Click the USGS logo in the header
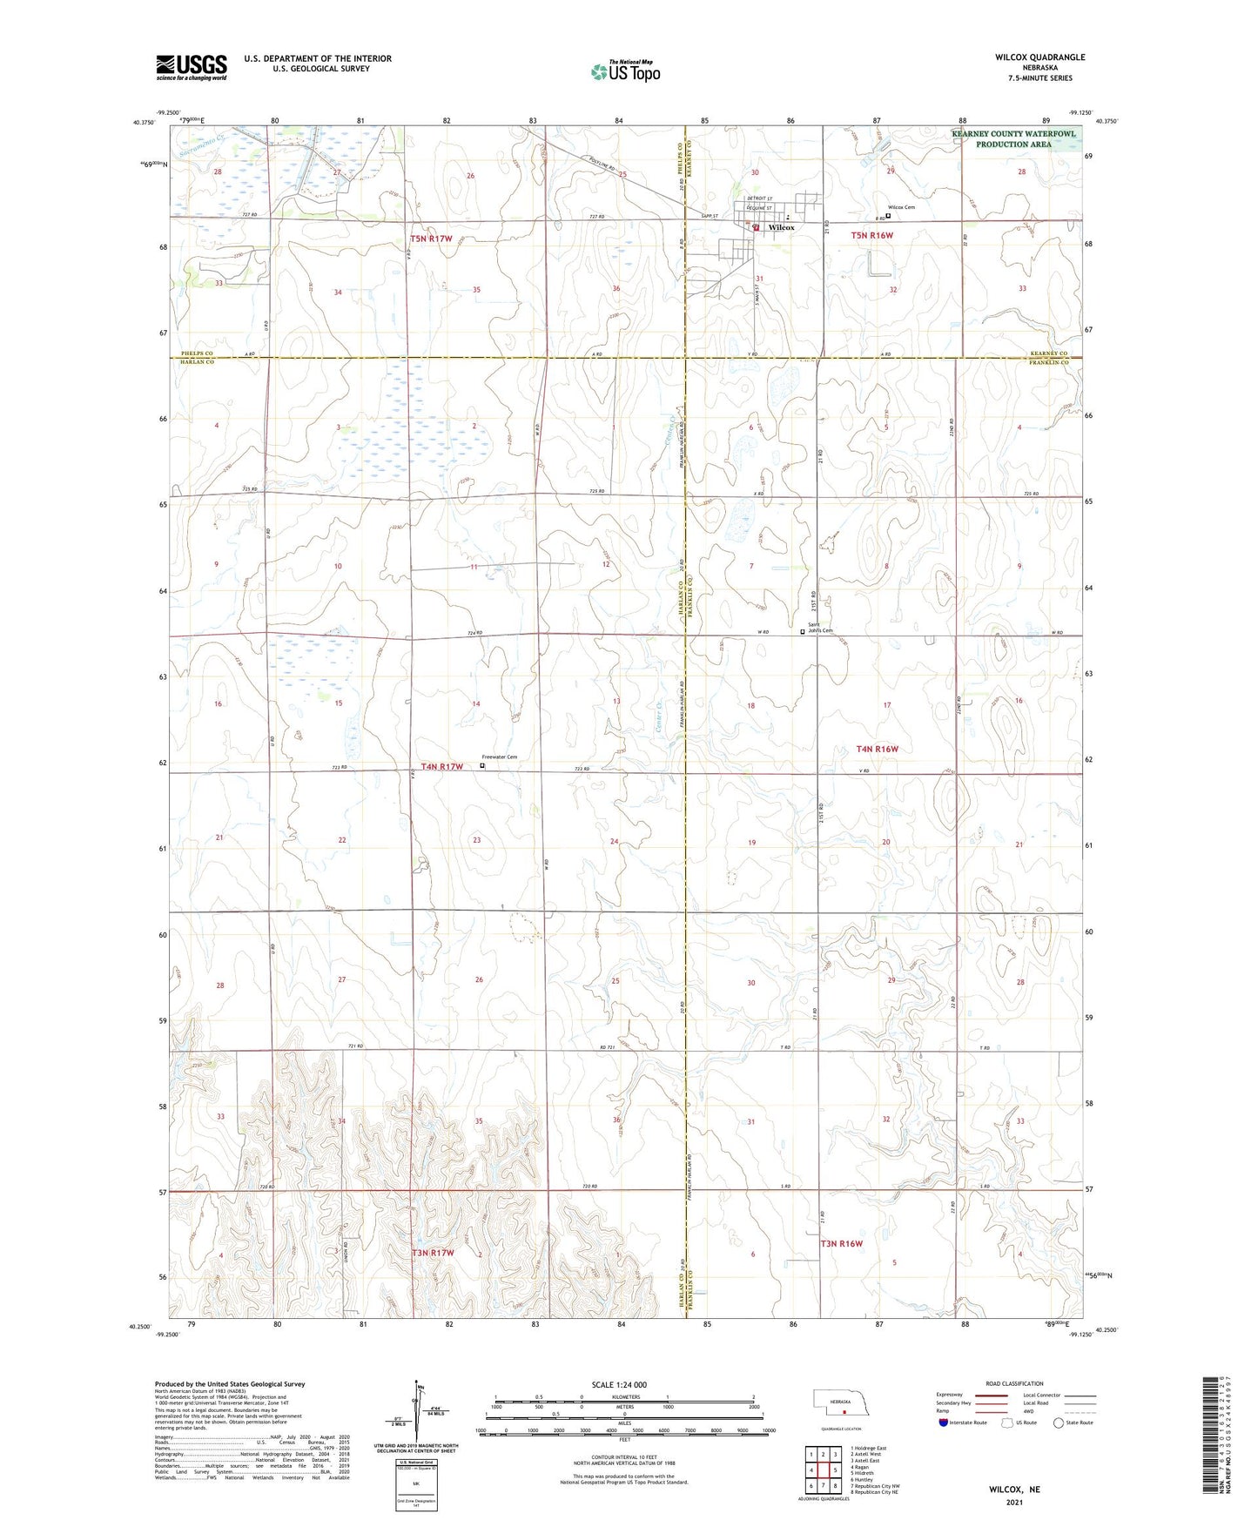192,66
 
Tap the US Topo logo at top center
625,71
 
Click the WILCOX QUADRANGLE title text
1039,57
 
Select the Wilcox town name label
781,227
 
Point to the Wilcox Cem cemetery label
903,207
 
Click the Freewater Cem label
501,757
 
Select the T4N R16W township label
877,749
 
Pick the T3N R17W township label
433,1253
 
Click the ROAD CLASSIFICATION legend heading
1014,1383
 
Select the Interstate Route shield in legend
944,1422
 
